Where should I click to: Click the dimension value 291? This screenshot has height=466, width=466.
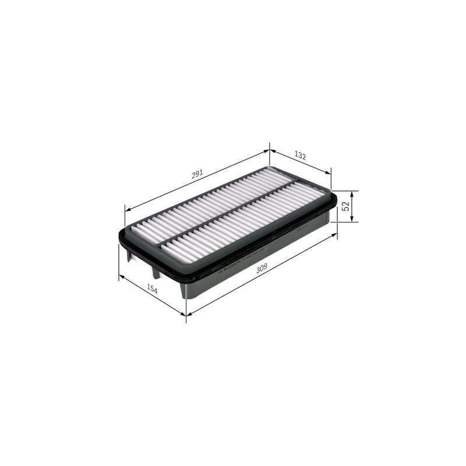[x=197, y=174]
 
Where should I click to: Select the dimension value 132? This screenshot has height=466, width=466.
[x=300, y=156]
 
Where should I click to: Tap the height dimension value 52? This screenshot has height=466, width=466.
[x=345, y=206]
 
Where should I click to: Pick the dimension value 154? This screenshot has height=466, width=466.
[x=152, y=290]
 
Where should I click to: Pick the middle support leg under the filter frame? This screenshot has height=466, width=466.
[x=155, y=272]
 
